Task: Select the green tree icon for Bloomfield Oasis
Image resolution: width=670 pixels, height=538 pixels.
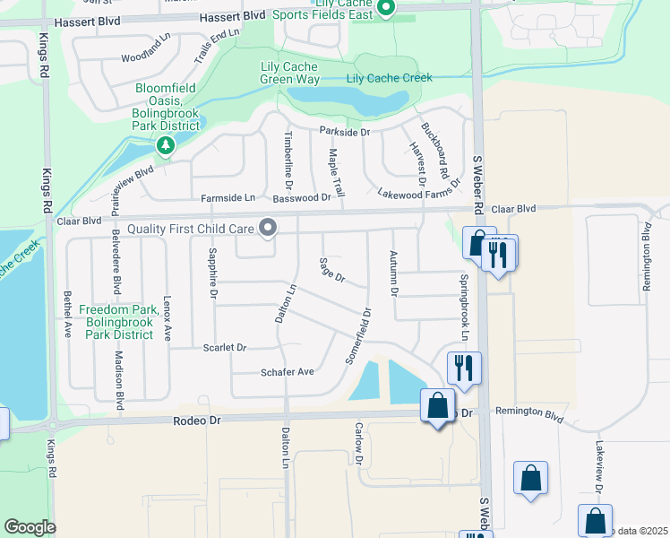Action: pos(165,144)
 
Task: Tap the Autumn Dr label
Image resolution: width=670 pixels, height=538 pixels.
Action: pos(392,274)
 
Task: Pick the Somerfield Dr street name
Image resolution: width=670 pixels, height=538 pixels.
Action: pos(358,336)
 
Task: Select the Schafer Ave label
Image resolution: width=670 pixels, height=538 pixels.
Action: pos(287,372)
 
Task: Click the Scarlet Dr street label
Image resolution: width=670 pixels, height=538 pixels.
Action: pos(224,347)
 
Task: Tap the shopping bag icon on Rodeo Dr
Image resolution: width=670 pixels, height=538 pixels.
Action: pos(437,407)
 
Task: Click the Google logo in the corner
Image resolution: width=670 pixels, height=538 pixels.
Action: pos(30,526)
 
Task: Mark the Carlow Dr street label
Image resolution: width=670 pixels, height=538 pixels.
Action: pos(358,444)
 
